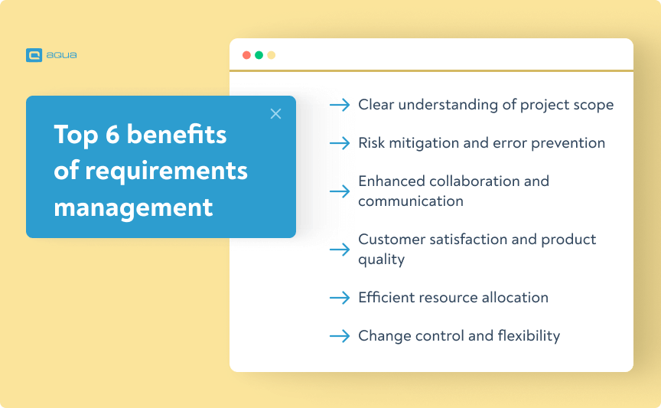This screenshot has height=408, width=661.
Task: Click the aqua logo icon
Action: pos(33,55)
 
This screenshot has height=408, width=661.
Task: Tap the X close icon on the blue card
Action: pos(276,114)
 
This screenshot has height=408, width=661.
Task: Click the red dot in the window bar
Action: pos(246,55)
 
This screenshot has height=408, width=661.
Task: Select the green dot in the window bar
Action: pos(259,55)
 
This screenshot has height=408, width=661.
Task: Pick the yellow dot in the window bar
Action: pos(271,55)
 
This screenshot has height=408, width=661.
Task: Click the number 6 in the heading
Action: pos(112,135)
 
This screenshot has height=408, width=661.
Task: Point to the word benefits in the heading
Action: pos(177,135)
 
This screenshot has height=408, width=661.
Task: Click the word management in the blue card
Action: pos(133,207)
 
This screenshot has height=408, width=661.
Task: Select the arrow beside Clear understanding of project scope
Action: pos(340,105)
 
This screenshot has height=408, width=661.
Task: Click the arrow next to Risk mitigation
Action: pos(340,143)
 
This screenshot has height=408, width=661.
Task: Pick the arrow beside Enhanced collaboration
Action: pos(340,191)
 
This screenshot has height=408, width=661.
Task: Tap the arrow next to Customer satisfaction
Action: pos(340,250)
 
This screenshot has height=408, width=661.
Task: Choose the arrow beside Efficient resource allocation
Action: pos(340,298)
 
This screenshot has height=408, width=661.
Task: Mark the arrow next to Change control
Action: pos(340,336)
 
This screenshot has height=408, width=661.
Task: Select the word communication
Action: pos(411,201)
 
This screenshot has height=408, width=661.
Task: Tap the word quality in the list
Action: pos(381,259)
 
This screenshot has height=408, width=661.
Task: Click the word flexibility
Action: pos(530,336)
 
